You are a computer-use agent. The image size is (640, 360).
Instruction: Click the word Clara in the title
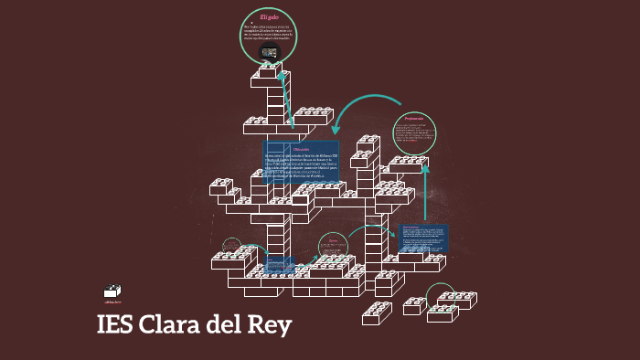170,326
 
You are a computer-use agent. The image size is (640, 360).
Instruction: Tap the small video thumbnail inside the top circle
269,53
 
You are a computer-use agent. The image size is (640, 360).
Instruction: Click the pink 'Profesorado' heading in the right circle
414,119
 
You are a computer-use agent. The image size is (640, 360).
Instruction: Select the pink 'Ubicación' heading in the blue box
302,149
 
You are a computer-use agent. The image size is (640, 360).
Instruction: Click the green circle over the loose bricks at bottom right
442,295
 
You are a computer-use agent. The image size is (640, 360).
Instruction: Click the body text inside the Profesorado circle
414,133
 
